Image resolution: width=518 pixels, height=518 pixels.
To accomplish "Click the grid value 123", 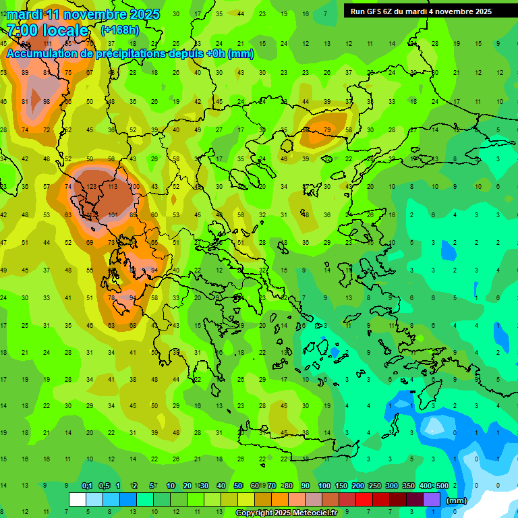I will pyautogui.click(x=92, y=186).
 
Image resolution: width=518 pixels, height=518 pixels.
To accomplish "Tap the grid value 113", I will pyautogui.click(x=113, y=186).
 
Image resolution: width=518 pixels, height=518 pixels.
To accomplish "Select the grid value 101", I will pyautogui.click(x=113, y=215).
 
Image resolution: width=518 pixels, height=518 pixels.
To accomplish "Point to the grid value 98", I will pyautogui.click(x=47, y=102).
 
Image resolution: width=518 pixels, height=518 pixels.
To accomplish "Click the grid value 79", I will pyautogui.click(x=327, y=129).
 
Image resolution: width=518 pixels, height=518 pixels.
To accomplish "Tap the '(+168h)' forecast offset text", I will pyautogui.click(x=120, y=30).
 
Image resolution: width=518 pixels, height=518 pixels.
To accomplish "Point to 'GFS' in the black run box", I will pyautogui.click(x=377, y=11).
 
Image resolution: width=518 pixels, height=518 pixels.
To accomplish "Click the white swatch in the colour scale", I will pyautogui.click(x=78, y=500).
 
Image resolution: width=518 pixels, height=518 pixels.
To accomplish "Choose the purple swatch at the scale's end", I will pyautogui.click(x=432, y=500).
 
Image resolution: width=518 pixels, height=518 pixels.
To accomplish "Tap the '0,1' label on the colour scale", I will pyautogui.click(x=87, y=486).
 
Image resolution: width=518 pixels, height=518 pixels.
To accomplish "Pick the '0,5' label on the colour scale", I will pyautogui.click(x=104, y=486).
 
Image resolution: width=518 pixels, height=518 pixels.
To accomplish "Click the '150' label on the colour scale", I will pyautogui.click(x=341, y=486).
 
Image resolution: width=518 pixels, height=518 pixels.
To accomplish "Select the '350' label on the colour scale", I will pyautogui.click(x=409, y=486).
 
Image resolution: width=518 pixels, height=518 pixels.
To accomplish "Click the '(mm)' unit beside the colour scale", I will pyautogui.click(x=457, y=501).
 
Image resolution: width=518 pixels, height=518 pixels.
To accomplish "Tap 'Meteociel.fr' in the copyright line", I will pyautogui.click(x=315, y=513).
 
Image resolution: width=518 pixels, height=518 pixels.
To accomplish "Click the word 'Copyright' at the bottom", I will pyautogui.click(x=255, y=513).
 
